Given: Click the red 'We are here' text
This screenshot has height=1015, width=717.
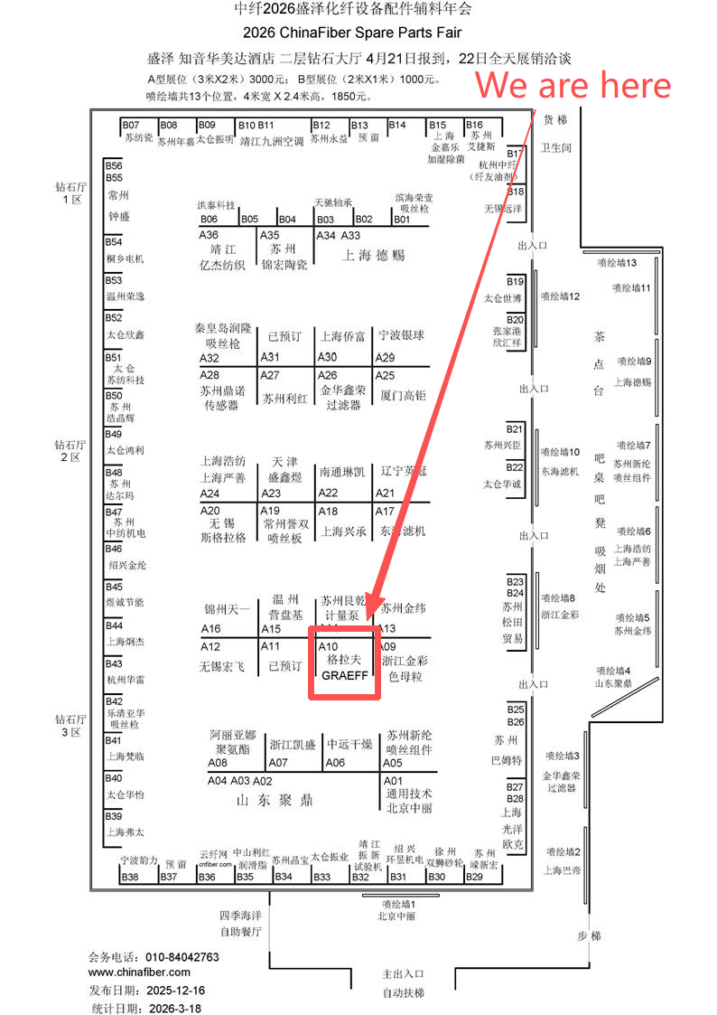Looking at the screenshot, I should click(x=573, y=86).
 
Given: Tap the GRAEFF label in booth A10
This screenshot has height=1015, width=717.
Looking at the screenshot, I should click(x=344, y=674).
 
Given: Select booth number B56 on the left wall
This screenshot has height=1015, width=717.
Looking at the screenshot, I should click(x=114, y=166).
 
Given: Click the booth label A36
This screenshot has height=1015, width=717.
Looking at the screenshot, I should click(x=209, y=235).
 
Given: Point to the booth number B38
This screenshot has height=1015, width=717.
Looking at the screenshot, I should click(x=130, y=877).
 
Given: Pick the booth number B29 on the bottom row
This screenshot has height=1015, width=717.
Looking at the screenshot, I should click(x=474, y=877).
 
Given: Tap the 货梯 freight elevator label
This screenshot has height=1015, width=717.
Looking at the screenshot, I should click(x=555, y=119).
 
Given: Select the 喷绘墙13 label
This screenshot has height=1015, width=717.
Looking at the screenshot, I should click(x=617, y=263).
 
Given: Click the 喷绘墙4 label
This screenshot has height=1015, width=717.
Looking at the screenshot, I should click(x=613, y=671).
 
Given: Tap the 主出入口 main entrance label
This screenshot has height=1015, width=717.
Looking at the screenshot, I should click(x=403, y=973).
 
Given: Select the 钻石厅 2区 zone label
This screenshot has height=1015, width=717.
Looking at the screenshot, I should click(x=70, y=451).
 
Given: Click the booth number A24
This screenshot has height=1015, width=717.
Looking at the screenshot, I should click(x=210, y=493).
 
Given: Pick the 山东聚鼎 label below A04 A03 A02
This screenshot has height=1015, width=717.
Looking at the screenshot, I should click(x=274, y=800).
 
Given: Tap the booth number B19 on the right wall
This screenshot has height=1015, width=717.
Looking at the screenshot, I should click(x=515, y=281).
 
